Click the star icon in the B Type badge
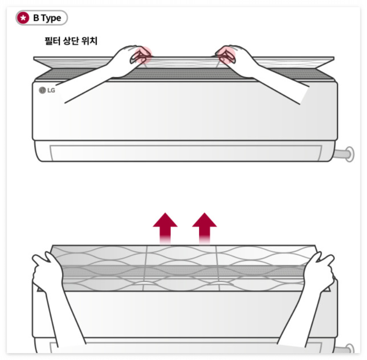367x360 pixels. point(23,18)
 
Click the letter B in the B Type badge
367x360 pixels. point(36,18)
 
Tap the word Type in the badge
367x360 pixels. point(51,18)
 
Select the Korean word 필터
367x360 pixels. point(52,41)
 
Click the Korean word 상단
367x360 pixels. point(71,41)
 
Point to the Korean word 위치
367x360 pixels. point(89,41)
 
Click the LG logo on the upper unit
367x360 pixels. point(47,90)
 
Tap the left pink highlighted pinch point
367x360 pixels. point(143,55)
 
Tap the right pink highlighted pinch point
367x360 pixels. point(226,55)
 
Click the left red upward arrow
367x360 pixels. point(165,228)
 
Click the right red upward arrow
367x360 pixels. point(204,228)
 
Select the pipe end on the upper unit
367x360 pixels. point(349,154)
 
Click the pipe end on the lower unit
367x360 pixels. point(350,349)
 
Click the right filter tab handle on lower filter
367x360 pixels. point(220,283)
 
